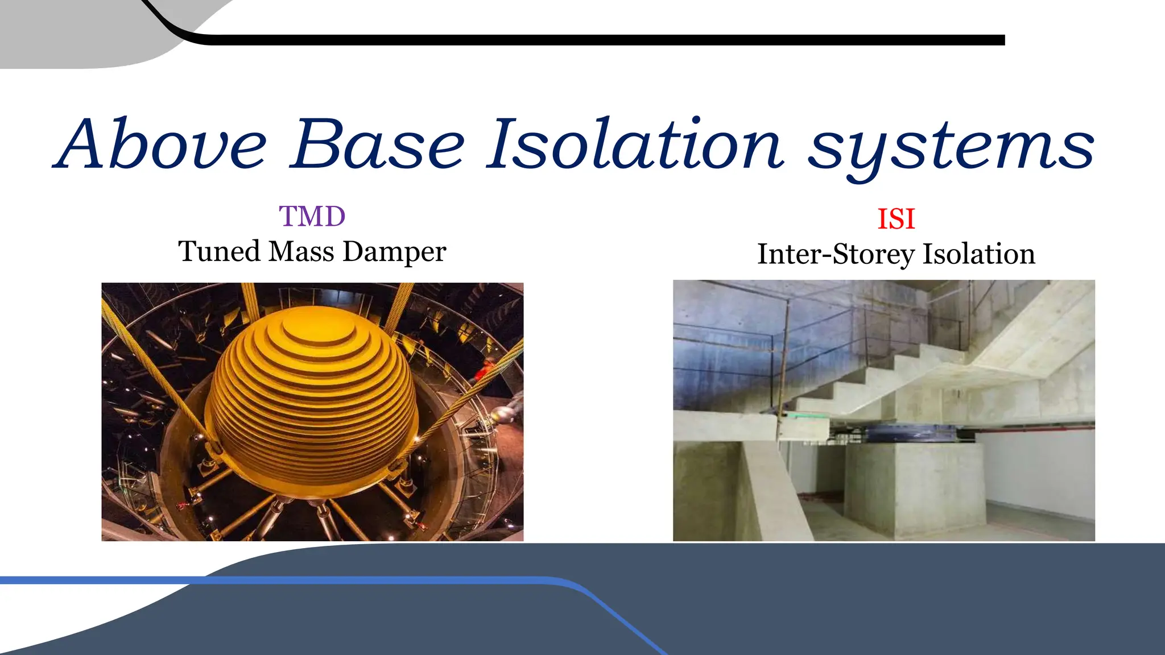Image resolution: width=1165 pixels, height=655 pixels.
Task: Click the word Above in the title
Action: point(162,145)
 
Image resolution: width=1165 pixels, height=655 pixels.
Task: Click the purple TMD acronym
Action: point(312,217)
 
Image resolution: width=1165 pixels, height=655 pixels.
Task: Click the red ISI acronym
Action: point(896,219)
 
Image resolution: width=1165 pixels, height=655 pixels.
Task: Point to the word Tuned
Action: point(219,251)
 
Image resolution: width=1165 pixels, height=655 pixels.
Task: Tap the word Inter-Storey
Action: point(836,254)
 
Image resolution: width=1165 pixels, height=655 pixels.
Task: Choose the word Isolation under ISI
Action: point(978,254)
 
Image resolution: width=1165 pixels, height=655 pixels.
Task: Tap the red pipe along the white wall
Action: point(1035,426)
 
